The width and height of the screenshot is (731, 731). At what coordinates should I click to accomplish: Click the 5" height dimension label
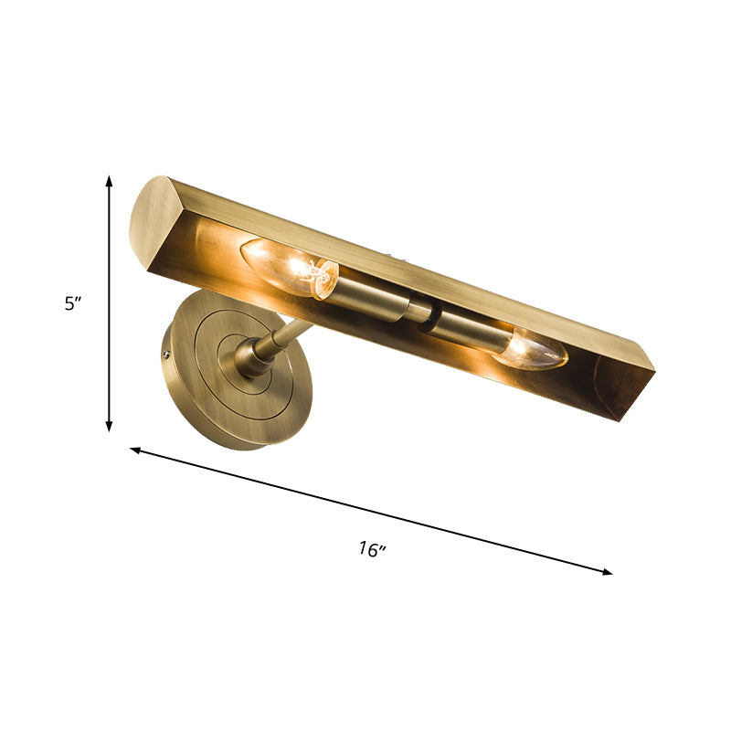pos(74,304)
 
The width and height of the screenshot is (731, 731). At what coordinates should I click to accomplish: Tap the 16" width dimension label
pos(372,549)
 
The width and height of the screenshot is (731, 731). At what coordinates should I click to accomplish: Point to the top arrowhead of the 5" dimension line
pos(110,181)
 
